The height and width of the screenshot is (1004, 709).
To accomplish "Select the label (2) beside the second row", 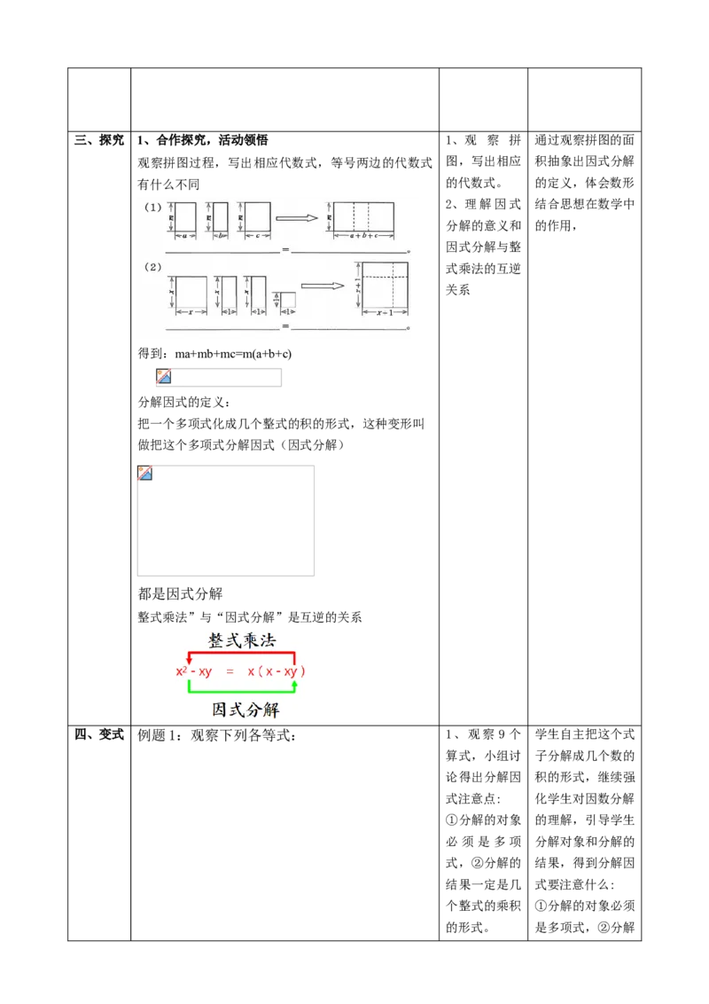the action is coord(153,267).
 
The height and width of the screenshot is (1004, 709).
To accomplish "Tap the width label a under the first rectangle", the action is coord(184,236).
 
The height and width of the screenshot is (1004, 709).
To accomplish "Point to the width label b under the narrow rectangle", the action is coord(220,236).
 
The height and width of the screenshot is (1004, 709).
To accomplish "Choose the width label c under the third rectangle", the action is coord(257,236).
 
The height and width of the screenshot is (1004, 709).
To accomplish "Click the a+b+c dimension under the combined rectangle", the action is coord(363,237).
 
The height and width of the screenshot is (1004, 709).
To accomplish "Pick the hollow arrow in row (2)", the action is coord(322,286).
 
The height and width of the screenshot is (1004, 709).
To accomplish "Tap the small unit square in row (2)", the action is coord(287,300).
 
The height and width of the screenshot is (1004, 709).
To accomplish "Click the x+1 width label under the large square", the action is coord(385,312).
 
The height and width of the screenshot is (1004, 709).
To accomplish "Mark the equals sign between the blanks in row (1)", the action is coord(285,251).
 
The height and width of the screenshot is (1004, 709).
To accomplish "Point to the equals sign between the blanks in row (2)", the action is coord(285,327).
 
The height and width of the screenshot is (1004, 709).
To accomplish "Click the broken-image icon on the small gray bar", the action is coord(164,376).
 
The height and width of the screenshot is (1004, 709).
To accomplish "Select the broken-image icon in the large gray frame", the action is coord(145,472).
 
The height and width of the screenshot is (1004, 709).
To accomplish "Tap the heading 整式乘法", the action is coord(241,640).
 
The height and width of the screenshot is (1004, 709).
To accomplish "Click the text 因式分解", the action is coord(241,710).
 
